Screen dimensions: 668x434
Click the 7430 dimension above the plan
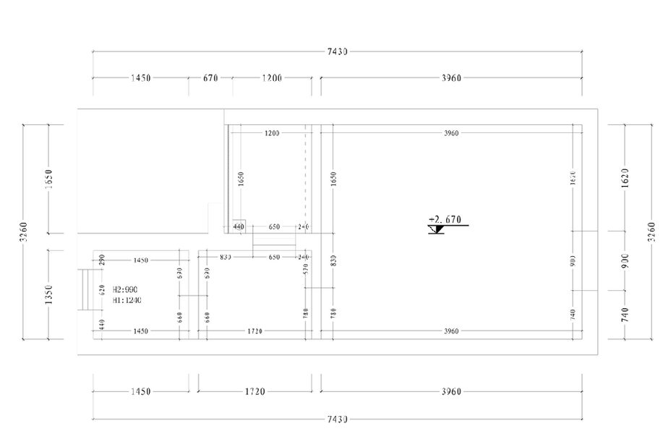tap(338, 51)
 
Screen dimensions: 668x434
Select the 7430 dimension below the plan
tap(338, 419)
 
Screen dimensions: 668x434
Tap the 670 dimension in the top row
tap(210, 78)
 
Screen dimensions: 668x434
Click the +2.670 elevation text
tap(445, 218)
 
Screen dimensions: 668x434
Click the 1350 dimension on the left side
tap(49, 294)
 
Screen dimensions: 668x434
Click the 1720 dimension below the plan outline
tap(254, 391)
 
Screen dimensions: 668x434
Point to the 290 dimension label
tap(102, 259)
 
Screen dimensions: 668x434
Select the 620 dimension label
tap(102, 291)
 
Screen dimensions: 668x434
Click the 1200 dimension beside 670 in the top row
tap(272, 78)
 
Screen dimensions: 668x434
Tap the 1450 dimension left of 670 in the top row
tap(140, 78)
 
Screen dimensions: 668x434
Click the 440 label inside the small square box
tap(239, 226)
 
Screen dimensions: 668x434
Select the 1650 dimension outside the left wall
tap(49, 179)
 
